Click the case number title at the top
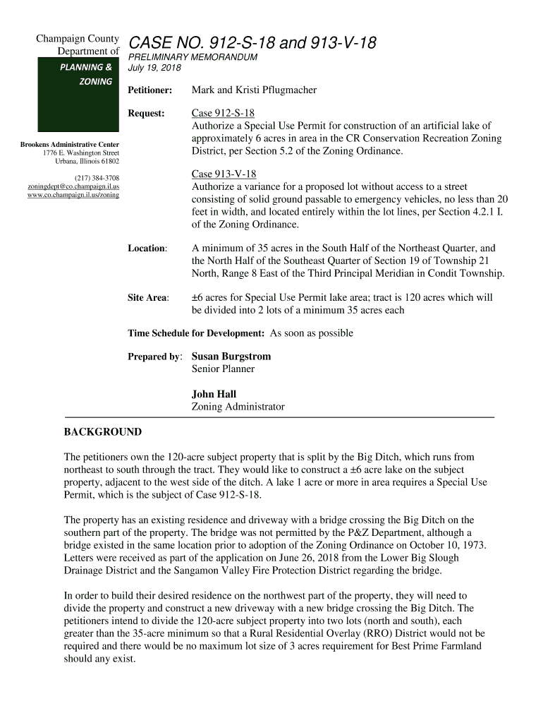click(x=252, y=44)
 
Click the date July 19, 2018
click(x=154, y=68)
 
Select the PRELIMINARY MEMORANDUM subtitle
click(x=192, y=57)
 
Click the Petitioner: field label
click(x=150, y=90)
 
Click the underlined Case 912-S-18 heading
click(x=223, y=113)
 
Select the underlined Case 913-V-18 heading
click(x=224, y=174)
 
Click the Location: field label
click(x=147, y=249)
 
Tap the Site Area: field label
click(x=148, y=298)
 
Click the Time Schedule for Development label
click(x=196, y=333)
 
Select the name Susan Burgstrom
click(x=231, y=357)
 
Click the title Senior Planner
click(x=223, y=369)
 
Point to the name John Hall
click(x=214, y=394)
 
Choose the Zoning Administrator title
click(x=238, y=407)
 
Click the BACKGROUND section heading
click(x=103, y=432)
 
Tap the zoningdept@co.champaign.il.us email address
click(x=73, y=186)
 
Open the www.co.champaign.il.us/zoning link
click(x=73, y=194)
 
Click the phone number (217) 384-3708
click(x=97, y=177)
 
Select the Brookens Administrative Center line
click(x=69, y=145)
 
